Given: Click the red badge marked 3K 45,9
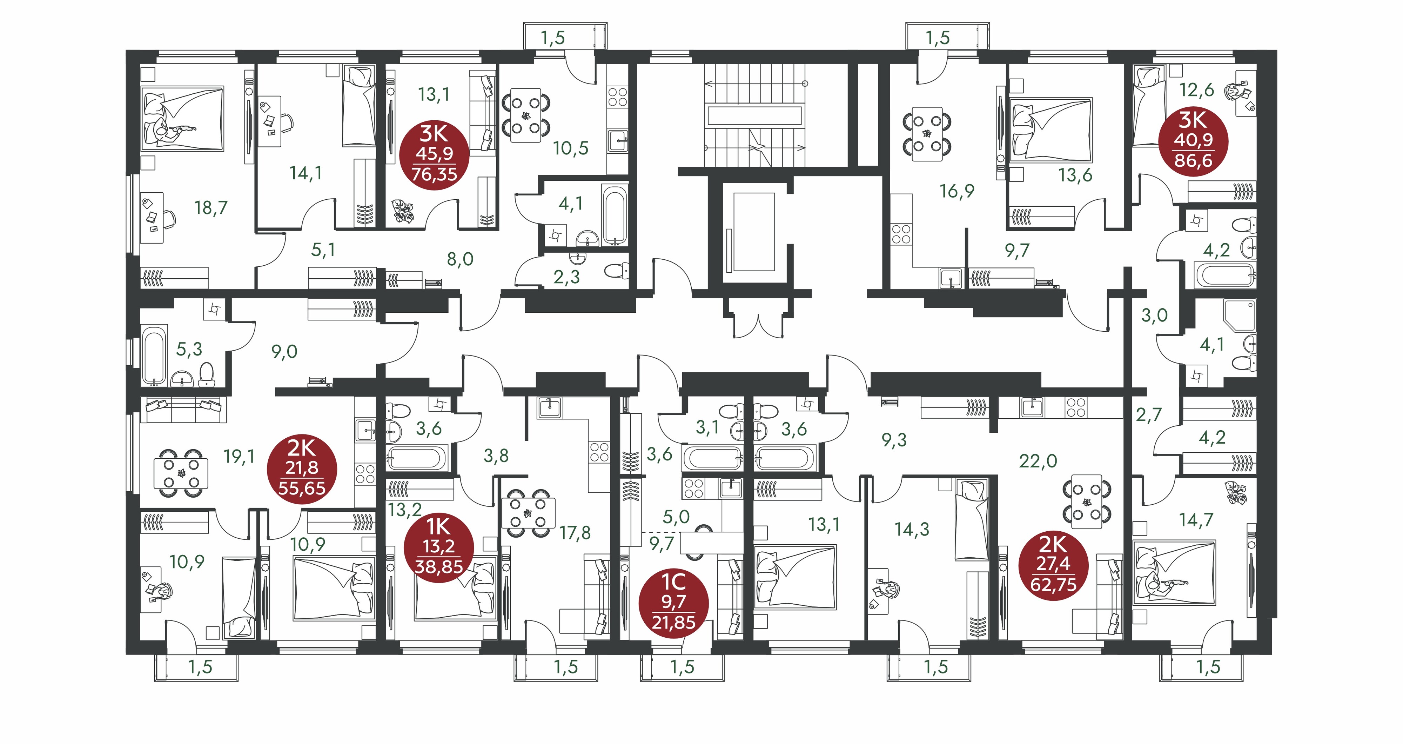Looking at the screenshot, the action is pyautogui.click(x=434, y=155).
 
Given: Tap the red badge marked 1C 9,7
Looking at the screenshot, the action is pyautogui.click(x=674, y=603).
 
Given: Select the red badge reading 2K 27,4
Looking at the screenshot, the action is pyautogui.click(x=1053, y=565).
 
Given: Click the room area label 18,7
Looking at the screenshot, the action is pyautogui.click(x=211, y=208).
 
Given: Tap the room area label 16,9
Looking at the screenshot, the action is pyautogui.click(x=957, y=191).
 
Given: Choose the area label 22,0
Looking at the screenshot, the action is pyautogui.click(x=1038, y=461).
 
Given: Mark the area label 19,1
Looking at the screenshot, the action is pyautogui.click(x=240, y=456).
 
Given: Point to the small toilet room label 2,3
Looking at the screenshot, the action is pyautogui.click(x=566, y=277).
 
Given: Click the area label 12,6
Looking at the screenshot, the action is pyautogui.click(x=1196, y=89).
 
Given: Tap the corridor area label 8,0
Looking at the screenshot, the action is pyautogui.click(x=460, y=259).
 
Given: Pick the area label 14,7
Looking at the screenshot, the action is pyautogui.click(x=1196, y=520).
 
